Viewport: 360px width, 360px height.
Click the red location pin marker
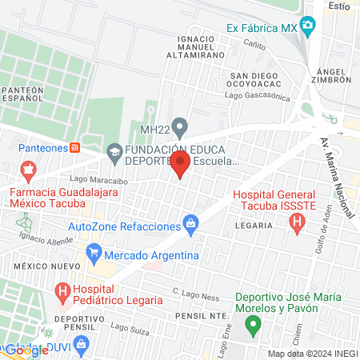tap(180, 165)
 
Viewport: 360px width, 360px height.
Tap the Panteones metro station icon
tap(74, 146)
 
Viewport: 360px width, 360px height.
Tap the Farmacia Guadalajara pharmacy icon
tap(30, 170)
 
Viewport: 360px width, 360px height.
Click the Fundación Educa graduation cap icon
tap(114, 151)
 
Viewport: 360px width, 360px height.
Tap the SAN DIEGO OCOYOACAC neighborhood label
tap(256, 81)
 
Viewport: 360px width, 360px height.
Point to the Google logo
tap(27, 350)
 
